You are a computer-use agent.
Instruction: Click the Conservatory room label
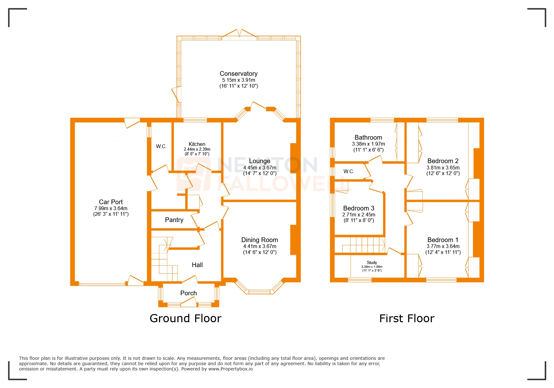coord(238,74)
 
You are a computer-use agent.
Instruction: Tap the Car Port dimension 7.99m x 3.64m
coord(111,208)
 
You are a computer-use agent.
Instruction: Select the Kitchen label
coord(197,144)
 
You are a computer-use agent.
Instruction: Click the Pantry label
coord(174,220)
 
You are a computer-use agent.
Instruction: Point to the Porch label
coord(188,293)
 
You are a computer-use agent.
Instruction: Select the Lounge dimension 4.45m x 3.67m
coord(260,168)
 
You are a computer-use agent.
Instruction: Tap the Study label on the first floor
coord(372,262)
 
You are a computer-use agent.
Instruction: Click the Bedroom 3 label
coord(358,208)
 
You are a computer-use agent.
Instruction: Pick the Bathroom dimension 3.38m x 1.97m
coord(368,144)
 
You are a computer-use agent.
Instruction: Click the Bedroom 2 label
coord(443,161)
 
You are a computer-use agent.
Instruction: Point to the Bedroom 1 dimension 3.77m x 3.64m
coord(443,246)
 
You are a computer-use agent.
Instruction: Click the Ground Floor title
coord(186,318)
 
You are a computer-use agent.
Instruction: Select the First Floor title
coord(407,318)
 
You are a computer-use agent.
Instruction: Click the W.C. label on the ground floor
coord(161,146)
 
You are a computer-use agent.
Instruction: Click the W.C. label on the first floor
coord(348,171)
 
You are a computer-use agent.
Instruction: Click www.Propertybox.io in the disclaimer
coord(230,369)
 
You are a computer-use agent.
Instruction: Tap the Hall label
coord(197,265)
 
